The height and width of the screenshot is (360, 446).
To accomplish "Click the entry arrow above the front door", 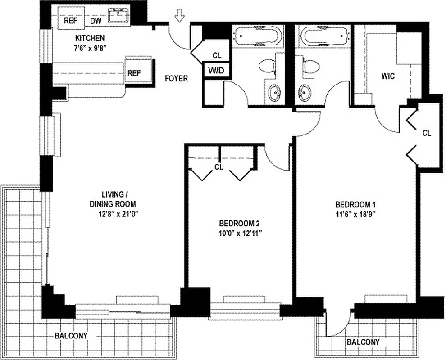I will click(180, 17).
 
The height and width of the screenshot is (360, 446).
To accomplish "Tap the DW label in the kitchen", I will click(96, 21).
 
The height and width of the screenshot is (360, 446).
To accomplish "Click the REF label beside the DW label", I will click(70, 21).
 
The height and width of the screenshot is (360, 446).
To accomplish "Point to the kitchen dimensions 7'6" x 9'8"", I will click(90, 47).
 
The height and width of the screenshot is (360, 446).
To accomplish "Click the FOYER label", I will click(176, 78).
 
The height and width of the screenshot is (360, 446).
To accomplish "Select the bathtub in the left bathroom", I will click(257, 36).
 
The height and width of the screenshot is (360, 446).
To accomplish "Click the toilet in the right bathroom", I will click(310, 65).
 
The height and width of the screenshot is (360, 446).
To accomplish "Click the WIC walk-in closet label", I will click(387, 76).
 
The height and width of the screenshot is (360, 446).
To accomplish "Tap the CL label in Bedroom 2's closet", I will click(218, 167).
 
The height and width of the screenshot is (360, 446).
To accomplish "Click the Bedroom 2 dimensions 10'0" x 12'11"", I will click(240, 233).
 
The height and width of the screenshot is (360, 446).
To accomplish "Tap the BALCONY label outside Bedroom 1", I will click(363, 342).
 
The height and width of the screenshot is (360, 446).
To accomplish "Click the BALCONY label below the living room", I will click(71, 336).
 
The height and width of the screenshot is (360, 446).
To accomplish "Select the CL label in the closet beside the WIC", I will click(427, 133).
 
